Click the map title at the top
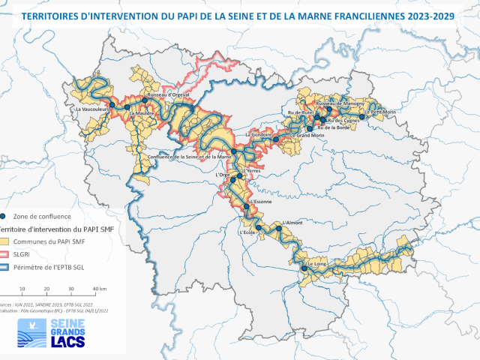pos(239,14)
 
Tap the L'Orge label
pos(222,175)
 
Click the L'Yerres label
pos(251,170)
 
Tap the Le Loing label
pos(314,265)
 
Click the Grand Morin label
pos(310,136)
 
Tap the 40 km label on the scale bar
pos(98,289)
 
